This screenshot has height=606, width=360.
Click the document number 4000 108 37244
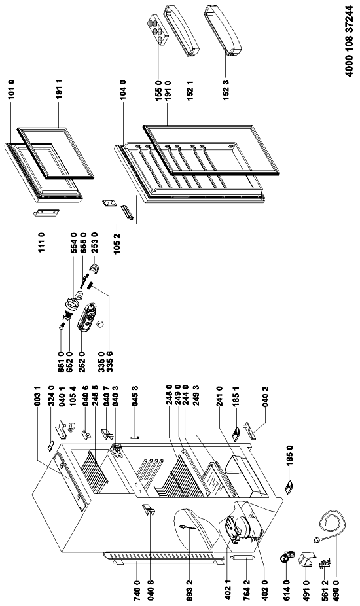[x=349, y=41]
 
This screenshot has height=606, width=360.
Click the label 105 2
[x=118, y=242]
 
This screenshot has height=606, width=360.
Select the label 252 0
[x=82, y=359]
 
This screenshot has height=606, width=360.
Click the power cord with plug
[x=331, y=527]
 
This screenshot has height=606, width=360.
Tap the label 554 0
[x=73, y=242]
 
